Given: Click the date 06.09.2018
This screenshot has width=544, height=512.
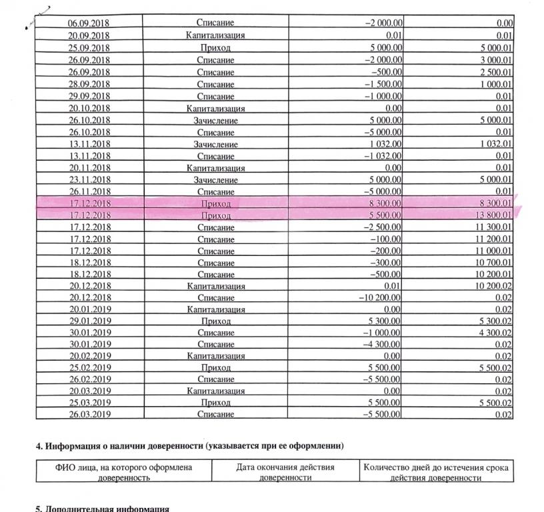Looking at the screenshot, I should point(89,23).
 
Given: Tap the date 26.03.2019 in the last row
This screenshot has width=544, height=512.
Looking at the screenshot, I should point(89,415).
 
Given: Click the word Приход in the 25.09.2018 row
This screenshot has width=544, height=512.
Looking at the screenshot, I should point(215,49).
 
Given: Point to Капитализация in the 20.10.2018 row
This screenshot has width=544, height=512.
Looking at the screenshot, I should point(215,108).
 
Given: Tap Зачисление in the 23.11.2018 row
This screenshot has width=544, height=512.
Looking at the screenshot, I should point(215,180).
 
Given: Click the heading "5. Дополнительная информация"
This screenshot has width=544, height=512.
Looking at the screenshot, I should point(102,508).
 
